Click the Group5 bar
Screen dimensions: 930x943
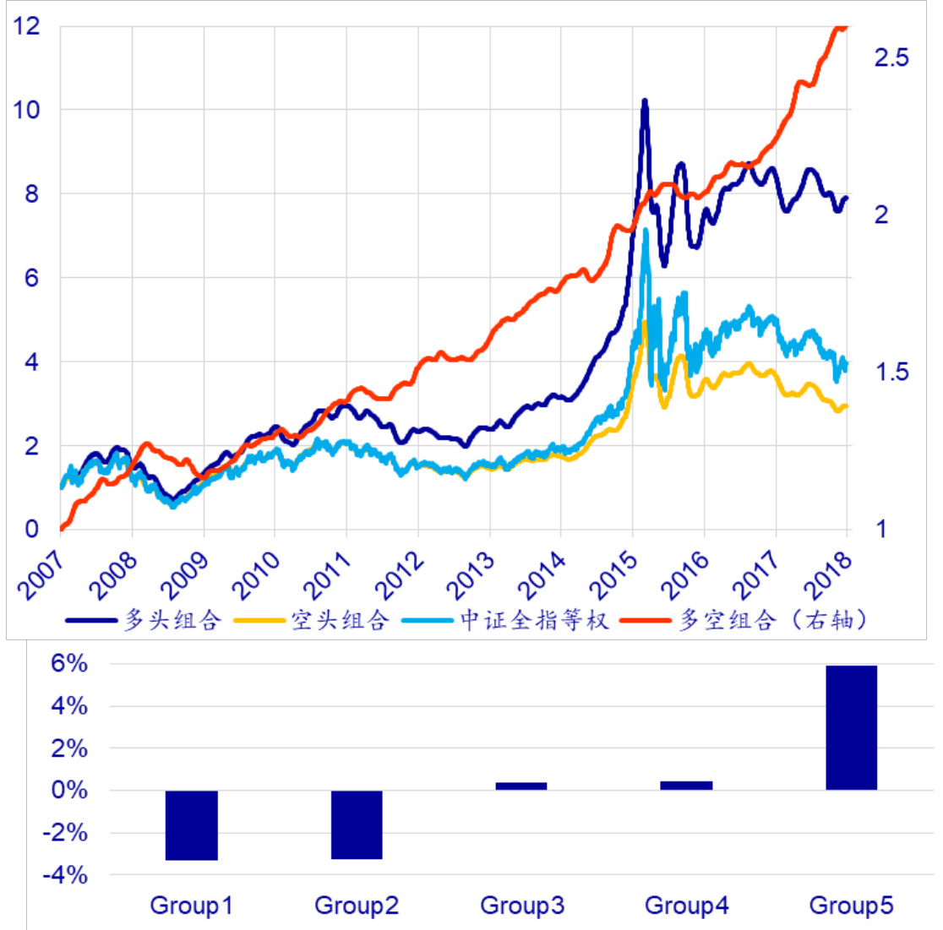[x=851, y=727]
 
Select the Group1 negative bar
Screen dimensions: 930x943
[x=192, y=825]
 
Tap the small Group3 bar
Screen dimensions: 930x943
[x=521, y=786]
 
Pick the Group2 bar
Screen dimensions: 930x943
[x=357, y=824]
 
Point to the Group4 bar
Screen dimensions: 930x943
[x=686, y=786]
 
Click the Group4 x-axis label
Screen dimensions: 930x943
[x=686, y=906]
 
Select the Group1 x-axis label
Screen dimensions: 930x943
[x=191, y=906]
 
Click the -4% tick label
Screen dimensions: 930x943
[x=66, y=875]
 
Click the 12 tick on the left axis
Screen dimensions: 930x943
[x=27, y=25]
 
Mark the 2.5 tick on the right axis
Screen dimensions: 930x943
[x=891, y=57]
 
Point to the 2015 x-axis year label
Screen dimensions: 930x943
[x=616, y=574]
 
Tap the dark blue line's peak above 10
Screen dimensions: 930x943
[x=645, y=101]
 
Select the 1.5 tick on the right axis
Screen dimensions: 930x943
[x=891, y=372]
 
